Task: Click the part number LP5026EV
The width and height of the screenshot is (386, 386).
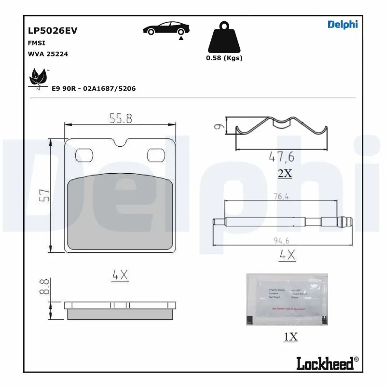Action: coord(53,30)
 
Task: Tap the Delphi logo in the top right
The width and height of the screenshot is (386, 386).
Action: coord(343,25)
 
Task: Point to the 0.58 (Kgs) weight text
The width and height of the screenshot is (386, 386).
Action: coord(224,58)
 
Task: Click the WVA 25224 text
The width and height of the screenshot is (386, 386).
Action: coord(48,54)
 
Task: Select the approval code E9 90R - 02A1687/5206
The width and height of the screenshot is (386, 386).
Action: coord(93,89)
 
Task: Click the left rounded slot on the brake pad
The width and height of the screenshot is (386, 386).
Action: coord(85,155)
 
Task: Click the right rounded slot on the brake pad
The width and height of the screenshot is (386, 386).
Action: coord(155,155)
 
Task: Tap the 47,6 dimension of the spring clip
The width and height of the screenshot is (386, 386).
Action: coord(281,157)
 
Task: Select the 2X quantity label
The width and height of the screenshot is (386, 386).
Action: coord(285,174)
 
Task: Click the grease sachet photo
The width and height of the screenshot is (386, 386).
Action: coord(287,299)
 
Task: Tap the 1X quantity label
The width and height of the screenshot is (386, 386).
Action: coord(290,337)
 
